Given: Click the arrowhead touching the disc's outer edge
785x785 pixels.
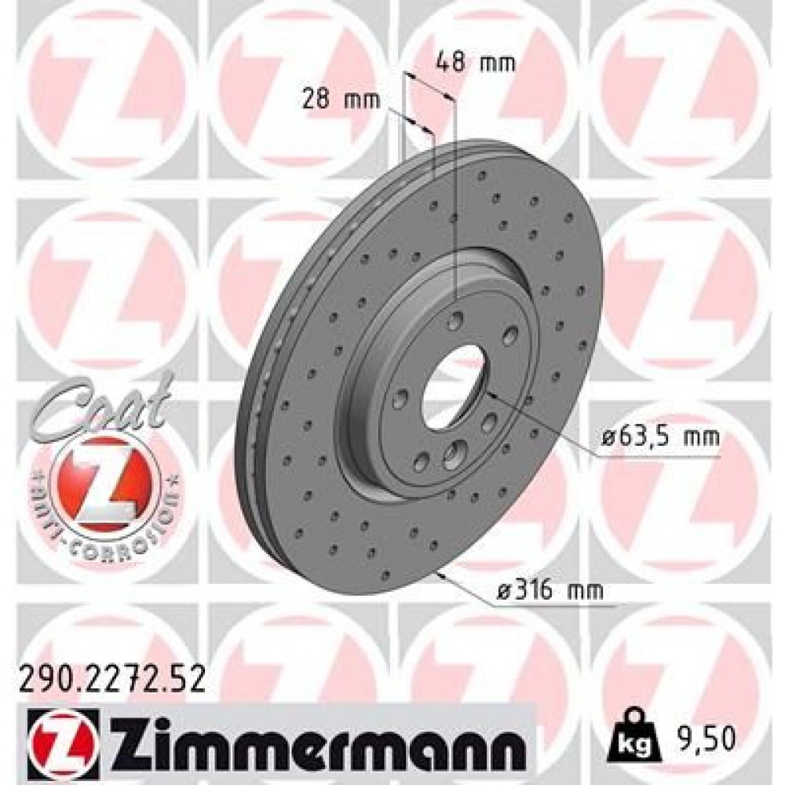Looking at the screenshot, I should pyautogui.click(x=446, y=576).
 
